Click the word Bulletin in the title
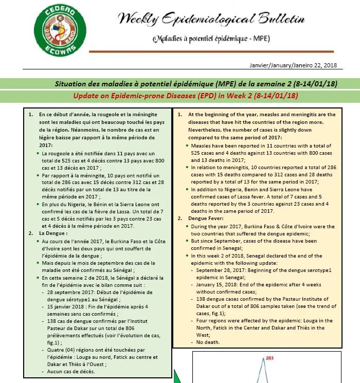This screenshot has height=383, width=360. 276,20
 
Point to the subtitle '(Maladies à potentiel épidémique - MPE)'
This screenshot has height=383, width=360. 211,40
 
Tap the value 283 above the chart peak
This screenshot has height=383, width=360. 267,358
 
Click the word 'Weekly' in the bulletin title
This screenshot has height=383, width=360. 137,20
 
